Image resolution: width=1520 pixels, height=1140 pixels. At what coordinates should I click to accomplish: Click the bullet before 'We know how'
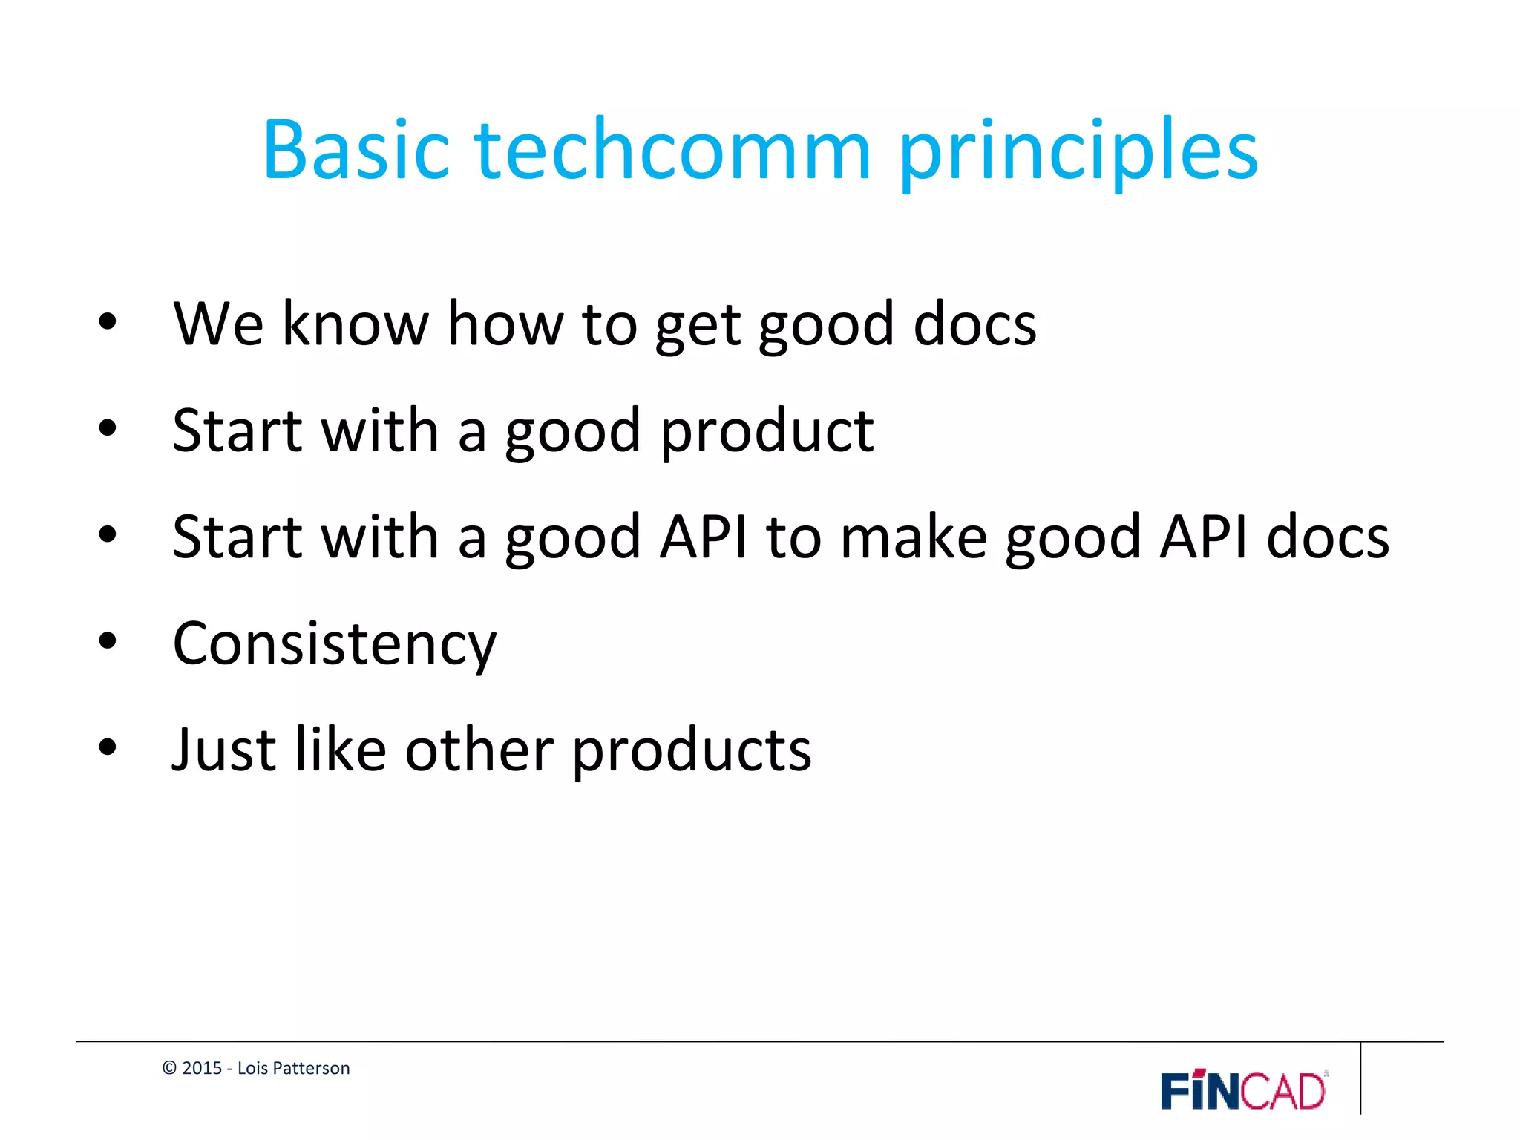point(108,322)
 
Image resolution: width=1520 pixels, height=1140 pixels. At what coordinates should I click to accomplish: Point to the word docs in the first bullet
point(974,324)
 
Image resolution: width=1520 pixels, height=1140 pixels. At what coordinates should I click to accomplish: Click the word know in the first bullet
point(356,324)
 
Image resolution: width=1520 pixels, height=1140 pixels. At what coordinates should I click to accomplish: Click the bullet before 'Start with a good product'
point(108,428)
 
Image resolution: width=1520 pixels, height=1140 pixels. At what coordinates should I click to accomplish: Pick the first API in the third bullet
point(704,537)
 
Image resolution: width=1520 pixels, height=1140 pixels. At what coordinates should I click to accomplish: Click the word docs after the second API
point(1328,537)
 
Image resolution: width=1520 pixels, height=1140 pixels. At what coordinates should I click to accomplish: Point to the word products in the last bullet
point(692,752)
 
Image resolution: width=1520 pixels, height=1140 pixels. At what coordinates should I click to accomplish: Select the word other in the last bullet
point(479,750)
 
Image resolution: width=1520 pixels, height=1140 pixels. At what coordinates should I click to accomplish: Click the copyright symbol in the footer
point(169,1068)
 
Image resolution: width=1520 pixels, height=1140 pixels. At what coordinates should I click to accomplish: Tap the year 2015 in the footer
point(202,1068)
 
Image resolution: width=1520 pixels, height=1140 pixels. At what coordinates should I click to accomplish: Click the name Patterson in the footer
point(311,1068)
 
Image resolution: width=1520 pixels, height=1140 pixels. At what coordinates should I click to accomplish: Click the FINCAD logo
point(1244,1090)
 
